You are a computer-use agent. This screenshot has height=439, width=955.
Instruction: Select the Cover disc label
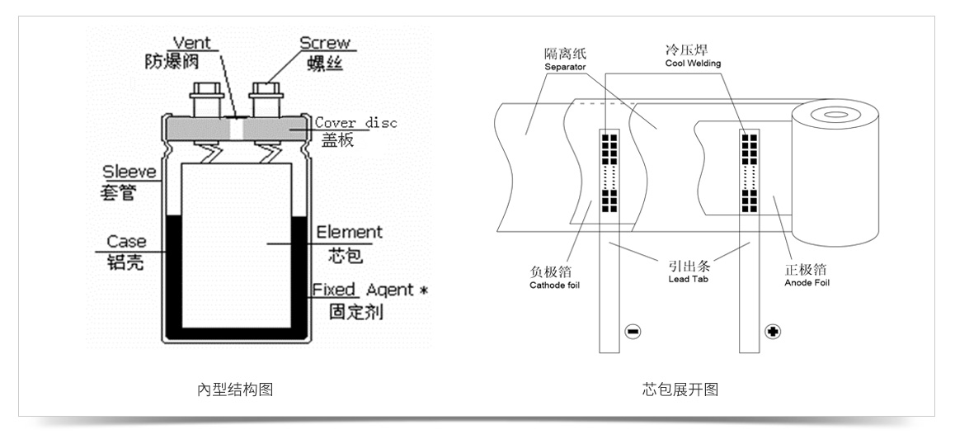[356, 123]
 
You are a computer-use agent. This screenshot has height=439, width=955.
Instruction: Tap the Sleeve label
[129, 173]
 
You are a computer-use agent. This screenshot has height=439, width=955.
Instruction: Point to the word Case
[126, 242]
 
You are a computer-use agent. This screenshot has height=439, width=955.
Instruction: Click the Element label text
[349, 233]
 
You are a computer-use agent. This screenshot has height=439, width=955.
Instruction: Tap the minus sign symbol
[633, 332]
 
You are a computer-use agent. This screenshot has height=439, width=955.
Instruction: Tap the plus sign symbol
[773, 332]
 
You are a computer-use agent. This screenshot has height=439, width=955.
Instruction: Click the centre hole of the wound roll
[835, 115]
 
